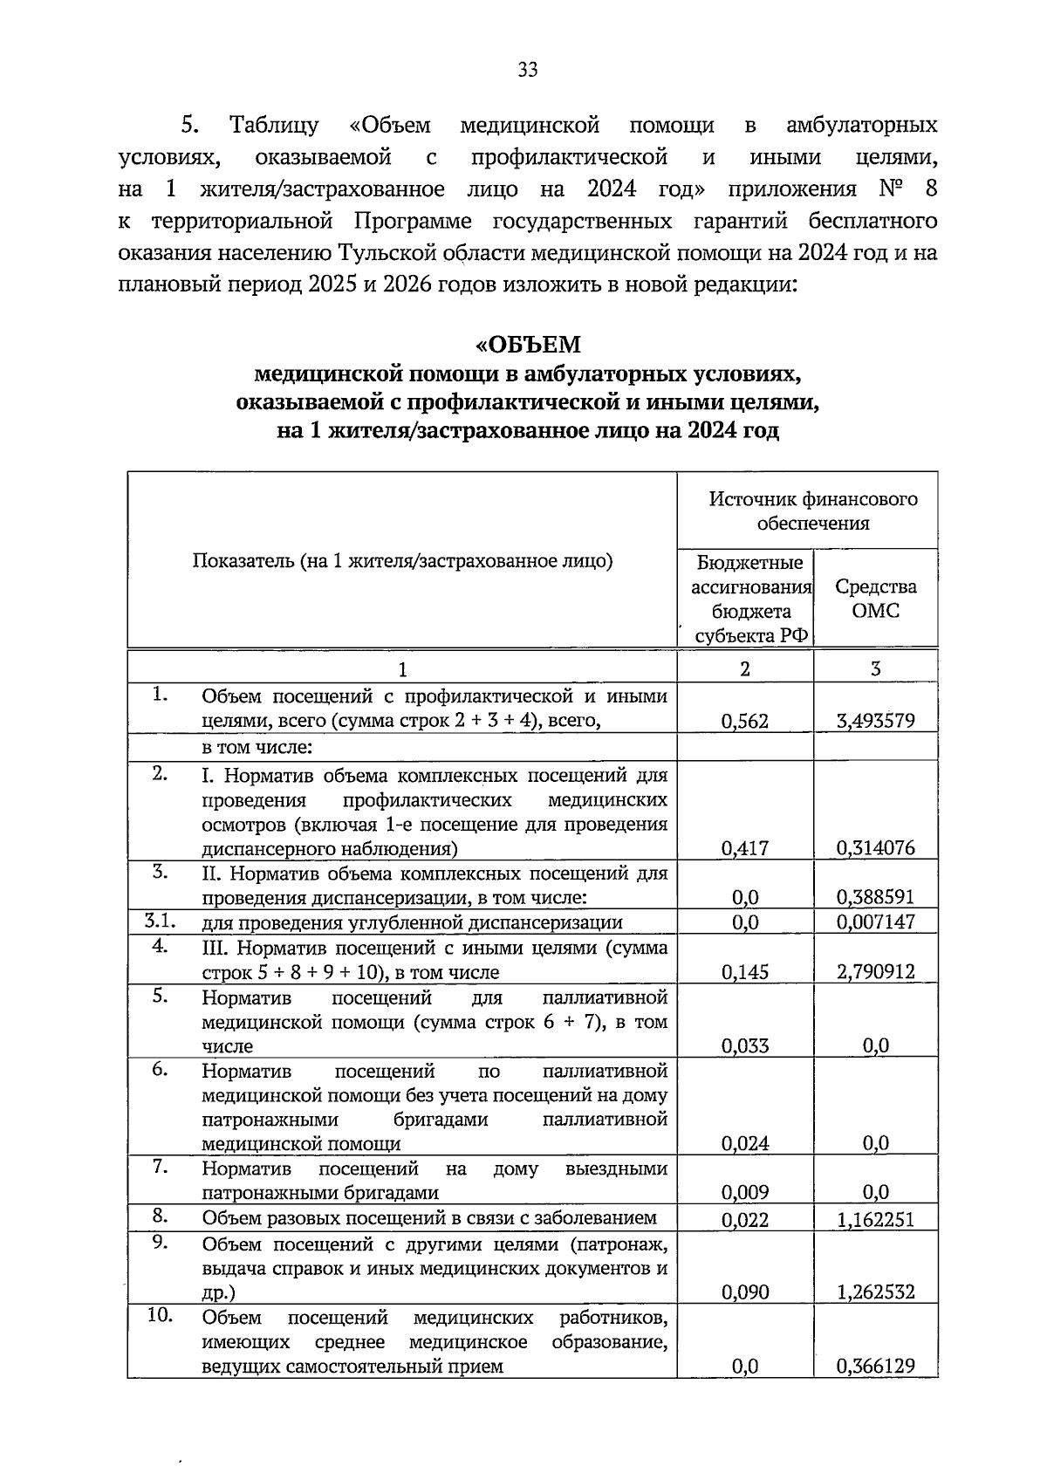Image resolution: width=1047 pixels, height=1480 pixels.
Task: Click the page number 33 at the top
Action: coord(528,71)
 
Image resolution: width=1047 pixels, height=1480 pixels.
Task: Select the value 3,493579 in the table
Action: coord(875,721)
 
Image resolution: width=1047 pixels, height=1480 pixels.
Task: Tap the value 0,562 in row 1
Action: coord(745,721)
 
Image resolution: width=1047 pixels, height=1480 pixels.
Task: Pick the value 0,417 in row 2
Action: coord(745,847)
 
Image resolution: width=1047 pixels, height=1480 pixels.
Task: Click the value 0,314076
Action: coord(875,847)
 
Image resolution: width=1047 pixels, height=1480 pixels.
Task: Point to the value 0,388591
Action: coord(875,897)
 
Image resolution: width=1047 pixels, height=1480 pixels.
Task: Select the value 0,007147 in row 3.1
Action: coord(875,922)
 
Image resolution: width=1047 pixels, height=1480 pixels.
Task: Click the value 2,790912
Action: coord(875,972)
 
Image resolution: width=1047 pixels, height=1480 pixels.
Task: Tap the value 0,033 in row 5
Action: coord(745,1045)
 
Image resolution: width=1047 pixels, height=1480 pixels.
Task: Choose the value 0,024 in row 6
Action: coord(745,1143)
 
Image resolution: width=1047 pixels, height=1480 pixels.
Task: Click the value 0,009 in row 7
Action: coord(745,1192)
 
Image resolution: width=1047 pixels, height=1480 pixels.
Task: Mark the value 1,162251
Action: coord(875,1219)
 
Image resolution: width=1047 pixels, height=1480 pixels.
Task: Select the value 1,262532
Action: coord(875,1292)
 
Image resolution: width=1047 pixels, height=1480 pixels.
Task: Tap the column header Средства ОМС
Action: coord(875,598)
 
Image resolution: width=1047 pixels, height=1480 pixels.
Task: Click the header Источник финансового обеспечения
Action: coord(812,510)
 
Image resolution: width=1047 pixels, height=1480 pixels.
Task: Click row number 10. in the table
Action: coord(160,1315)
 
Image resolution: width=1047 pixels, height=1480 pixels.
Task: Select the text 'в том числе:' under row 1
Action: coord(257,748)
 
